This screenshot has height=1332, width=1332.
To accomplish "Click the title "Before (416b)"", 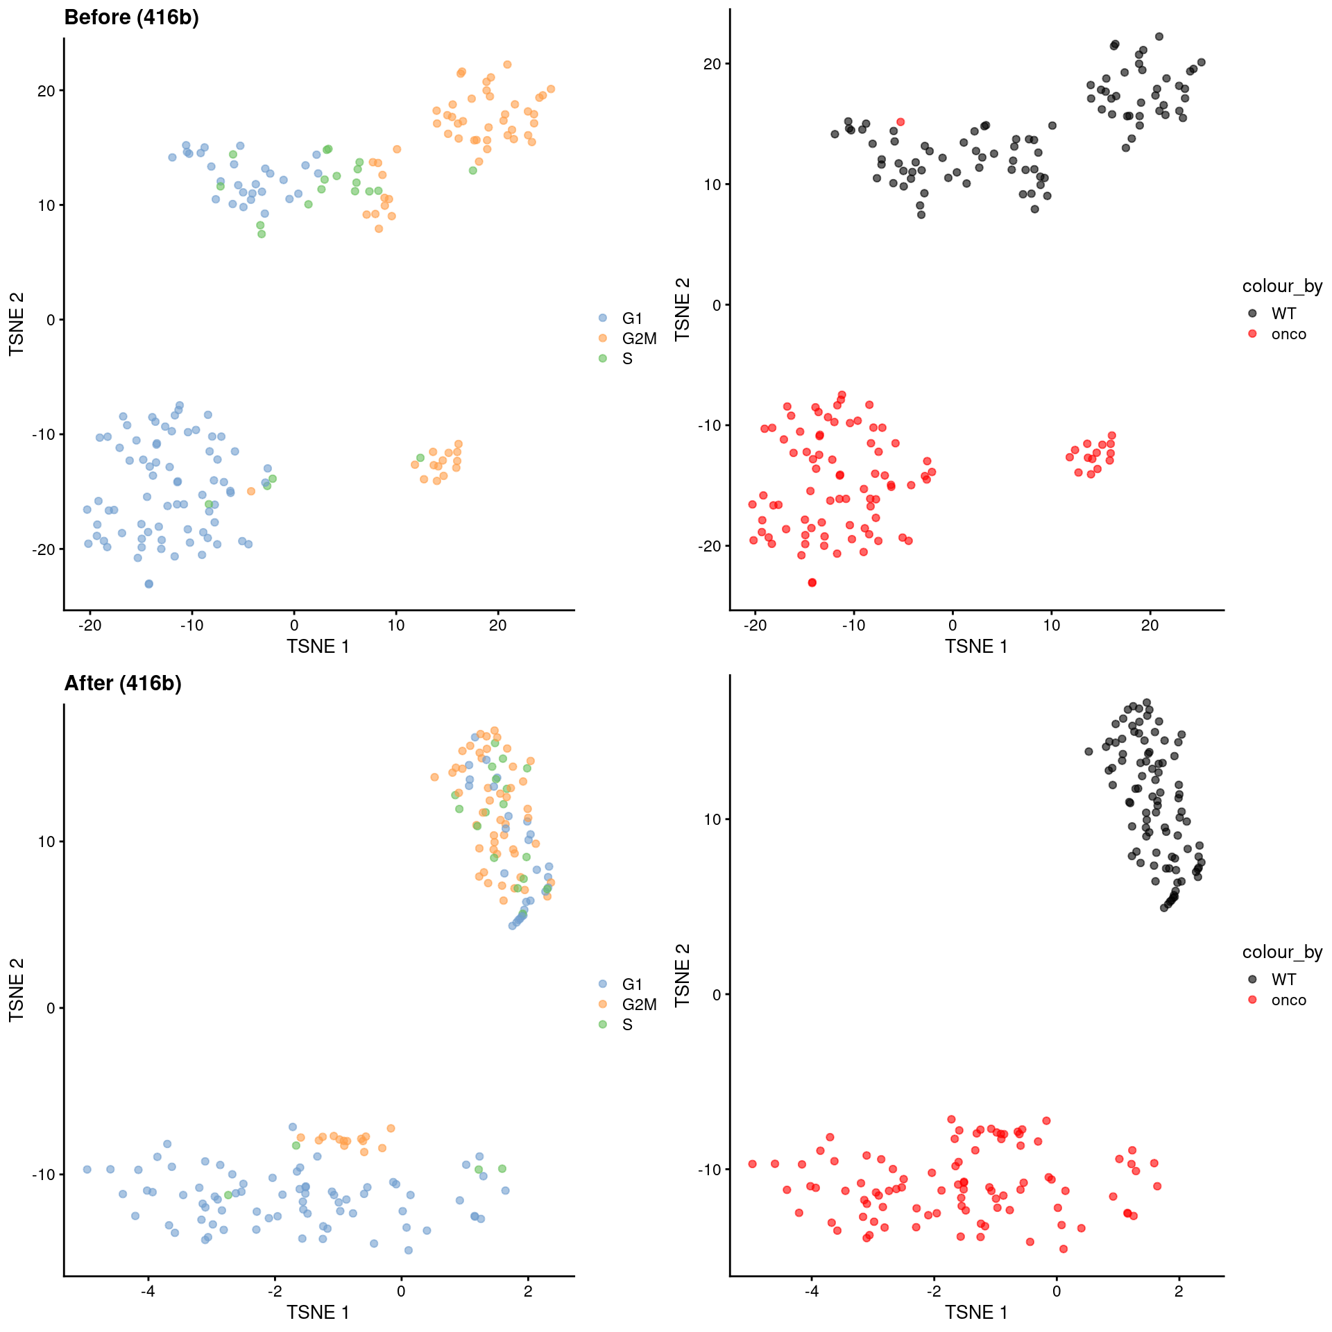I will point(131,18).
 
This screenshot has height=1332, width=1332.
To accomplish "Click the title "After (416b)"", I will point(123,684).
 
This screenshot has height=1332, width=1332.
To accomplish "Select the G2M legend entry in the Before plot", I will point(638,339).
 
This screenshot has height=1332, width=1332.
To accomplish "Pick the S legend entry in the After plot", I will point(627,1025).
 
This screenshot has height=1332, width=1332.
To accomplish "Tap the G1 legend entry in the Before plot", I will point(632,318).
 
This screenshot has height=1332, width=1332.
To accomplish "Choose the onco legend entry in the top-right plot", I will point(1288,334).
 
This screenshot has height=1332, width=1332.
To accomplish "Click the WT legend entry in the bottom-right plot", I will point(1283,980).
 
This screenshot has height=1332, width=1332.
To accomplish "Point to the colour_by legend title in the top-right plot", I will point(1282,286).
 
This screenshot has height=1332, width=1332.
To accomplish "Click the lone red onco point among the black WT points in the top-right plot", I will point(900,122).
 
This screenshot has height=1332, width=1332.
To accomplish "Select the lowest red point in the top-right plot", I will point(812,583).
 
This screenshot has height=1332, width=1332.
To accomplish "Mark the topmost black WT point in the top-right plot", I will point(1159,37).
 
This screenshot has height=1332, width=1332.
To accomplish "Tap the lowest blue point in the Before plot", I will point(148,584).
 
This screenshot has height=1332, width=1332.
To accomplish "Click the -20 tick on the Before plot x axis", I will point(89,626).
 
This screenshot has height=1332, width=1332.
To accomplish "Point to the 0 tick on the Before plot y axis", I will point(50,320).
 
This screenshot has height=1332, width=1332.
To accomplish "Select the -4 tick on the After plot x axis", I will point(147,1292).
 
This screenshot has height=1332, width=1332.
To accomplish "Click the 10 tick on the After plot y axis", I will point(46,842).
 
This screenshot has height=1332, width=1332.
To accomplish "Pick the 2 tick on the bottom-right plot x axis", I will point(1179,1292).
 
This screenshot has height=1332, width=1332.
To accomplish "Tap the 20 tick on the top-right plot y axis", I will point(712,64).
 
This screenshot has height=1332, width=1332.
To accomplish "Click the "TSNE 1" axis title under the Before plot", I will point(318,647).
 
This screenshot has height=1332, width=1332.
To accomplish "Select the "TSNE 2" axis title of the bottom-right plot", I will point(683,975).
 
